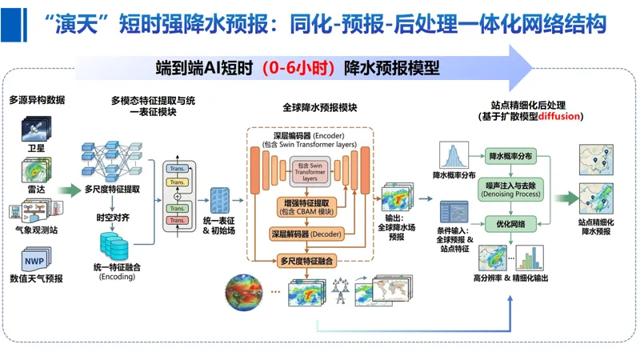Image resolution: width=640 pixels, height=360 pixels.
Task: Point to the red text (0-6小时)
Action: (297, 68)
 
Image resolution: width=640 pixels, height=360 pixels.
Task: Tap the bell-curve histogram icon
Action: (454, 154)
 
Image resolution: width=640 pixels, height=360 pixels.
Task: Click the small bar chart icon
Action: (530, 258)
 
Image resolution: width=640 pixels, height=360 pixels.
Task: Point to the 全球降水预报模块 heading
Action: (320, 107)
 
